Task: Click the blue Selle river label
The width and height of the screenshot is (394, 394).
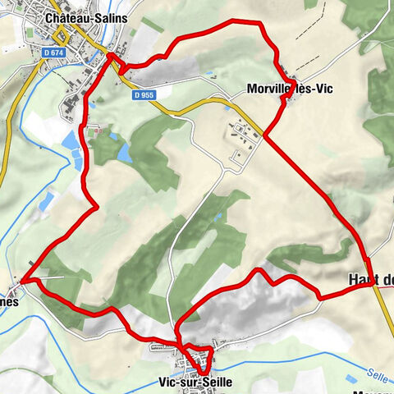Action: (377, 372)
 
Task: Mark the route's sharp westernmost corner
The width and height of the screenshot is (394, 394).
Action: (22, 281)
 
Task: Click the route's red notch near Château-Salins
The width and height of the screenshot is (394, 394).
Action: (112, 59)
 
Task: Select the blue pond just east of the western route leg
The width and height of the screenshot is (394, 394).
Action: (124, 153)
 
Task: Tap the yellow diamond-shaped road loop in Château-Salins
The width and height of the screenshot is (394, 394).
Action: (61, 36)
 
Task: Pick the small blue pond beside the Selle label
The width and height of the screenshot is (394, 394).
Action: (351, 379)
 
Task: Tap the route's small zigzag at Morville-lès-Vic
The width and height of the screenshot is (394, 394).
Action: (286, 98)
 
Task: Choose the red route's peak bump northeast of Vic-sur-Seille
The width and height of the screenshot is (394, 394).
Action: (259, 271)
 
